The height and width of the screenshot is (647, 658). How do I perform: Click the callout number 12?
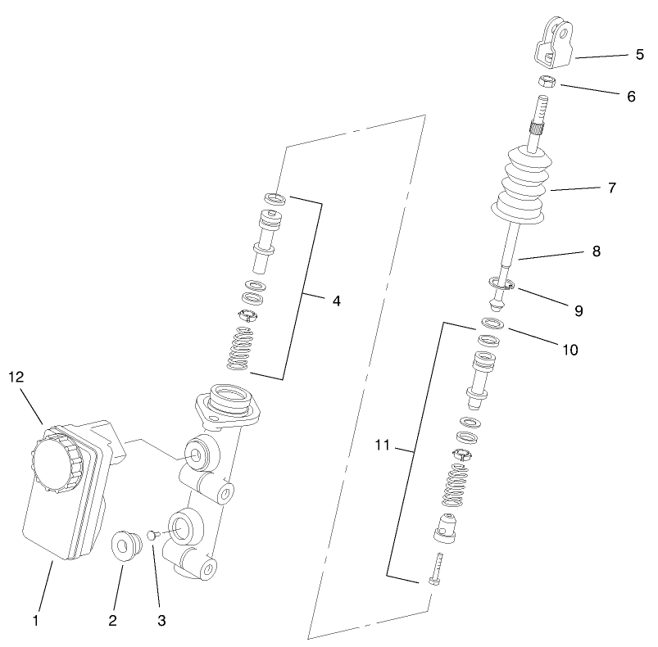pos(17,377)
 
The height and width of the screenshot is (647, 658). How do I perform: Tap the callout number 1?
pos(35,621)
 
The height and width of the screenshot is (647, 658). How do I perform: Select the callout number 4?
pos(336,301)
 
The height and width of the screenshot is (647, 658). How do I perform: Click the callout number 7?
pos(611,188)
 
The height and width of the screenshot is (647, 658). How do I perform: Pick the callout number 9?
pos(579,310)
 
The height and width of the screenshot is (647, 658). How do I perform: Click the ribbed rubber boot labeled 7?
pos(521,187)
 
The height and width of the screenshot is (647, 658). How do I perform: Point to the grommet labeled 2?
pos(125,545)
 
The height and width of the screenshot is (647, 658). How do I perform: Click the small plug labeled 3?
pos(152,535)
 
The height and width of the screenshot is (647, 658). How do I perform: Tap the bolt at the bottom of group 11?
pos(435,572)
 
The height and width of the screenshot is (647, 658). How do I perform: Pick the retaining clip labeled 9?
pos(501,284)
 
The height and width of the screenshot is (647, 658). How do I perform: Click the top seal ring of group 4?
pos(275,197)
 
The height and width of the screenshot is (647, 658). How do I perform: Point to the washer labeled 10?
pos(491,324)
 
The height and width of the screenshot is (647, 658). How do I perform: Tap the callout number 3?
pos(161,621)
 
